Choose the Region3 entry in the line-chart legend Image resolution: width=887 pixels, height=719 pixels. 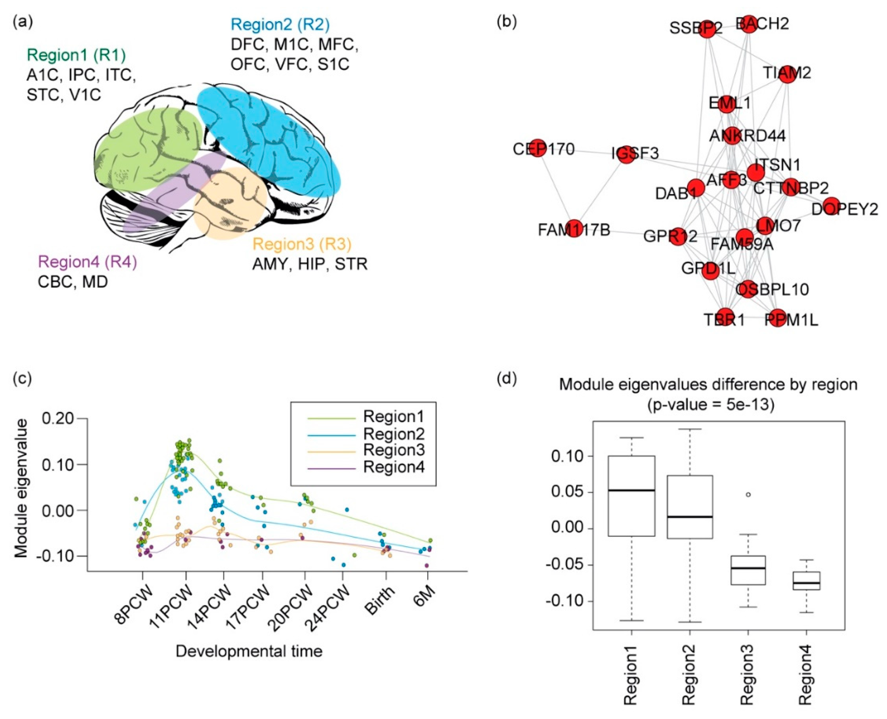[x=393, y=450]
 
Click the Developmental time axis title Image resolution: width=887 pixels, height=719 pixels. [x=249, y=651]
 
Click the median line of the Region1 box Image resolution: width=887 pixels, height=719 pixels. [x=631, y=490]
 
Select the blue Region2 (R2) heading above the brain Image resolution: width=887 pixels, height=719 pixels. [x=280, y=25]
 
